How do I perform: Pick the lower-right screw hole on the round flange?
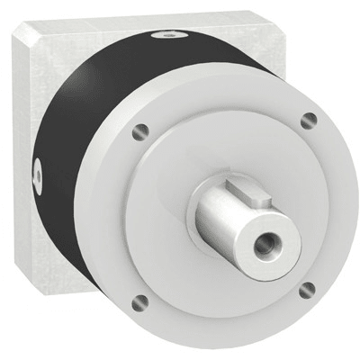coord(307,289)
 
